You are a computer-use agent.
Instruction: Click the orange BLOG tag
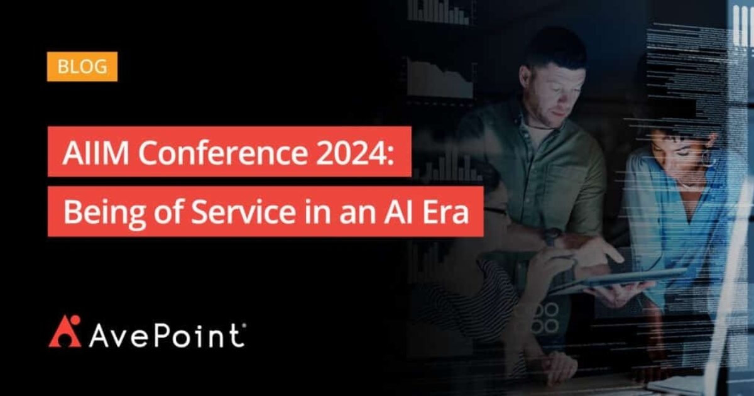click(x=82, y=67)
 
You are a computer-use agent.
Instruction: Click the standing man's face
click(x=547, y=88)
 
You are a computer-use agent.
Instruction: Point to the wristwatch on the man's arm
click(x=552, y=236)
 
